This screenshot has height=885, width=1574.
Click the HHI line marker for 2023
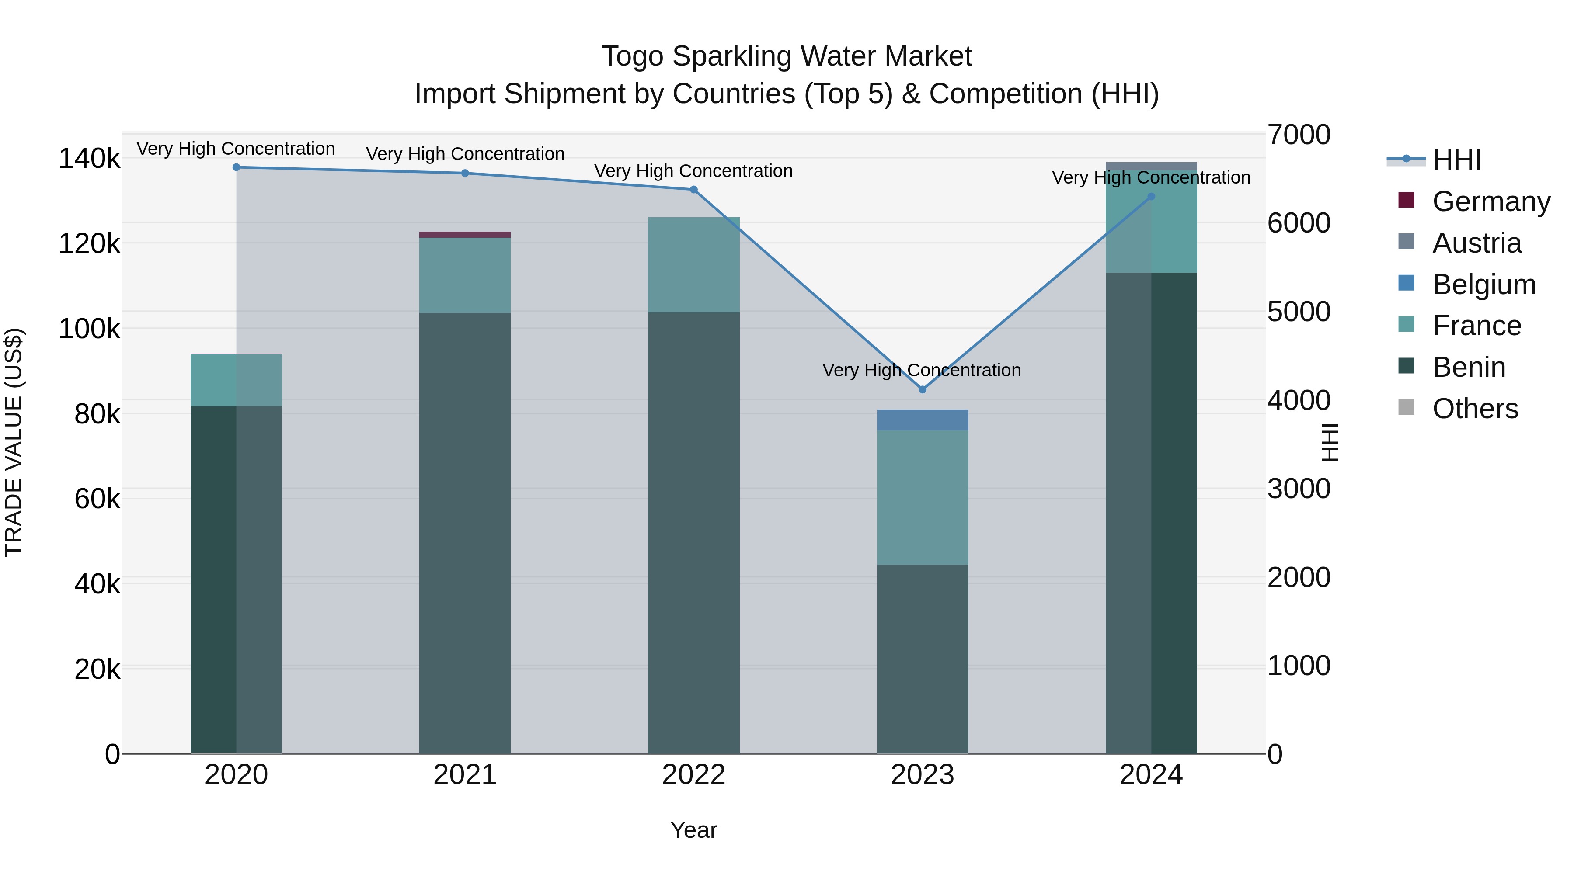(x=923, y=389)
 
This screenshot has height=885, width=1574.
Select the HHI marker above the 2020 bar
(x=237, y=167)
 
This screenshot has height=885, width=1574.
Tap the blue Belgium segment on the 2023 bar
(x=923, y=420)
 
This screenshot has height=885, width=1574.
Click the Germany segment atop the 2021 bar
(x=464, y=235)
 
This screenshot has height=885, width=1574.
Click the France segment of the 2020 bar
(x=237, y=380)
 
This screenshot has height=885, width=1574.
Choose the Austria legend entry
(x=1476, y=243)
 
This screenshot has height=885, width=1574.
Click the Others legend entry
(x=1474, y=409)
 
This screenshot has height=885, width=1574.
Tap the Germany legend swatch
(x=1406, y=200)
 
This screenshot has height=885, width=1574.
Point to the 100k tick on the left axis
(x=89, y=329)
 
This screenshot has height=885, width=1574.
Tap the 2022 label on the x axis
(x=693, y=775)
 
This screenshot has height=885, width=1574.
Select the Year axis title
(x=693, y=830)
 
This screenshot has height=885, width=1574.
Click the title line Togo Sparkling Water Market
(x=787, y=56)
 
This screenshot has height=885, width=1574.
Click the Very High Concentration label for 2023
(x=921, y=370)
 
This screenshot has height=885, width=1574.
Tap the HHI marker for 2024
(x=1151, y=197)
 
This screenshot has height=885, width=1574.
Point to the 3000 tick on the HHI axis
(x=1299, y=489)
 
